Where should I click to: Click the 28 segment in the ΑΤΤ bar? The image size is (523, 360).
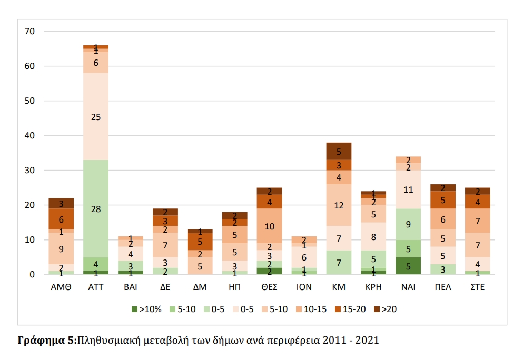click(x=96, y=208)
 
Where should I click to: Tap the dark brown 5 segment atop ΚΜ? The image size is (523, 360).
click(x=339, y=152)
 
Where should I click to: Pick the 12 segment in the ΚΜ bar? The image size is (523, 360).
click(x=339, y=205)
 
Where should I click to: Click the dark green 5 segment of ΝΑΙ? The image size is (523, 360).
click(x=408, y=266)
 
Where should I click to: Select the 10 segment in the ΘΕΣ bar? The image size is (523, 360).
click(x=270, y=226)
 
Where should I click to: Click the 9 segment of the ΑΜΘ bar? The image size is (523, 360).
click(x=61, y=248)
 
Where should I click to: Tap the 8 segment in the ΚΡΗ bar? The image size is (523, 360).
click(x=373, y=236)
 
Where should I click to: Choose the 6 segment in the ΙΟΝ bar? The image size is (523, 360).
click(x=304, y=257)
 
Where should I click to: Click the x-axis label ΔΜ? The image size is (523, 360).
click(x=200, y=287)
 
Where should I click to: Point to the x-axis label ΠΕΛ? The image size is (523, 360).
click(x=442, y=287)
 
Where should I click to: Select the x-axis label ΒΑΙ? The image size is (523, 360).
click(x=131, y=287)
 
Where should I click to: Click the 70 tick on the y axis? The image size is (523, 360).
click(x=30, y=32)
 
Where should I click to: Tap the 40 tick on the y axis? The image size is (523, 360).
click(x=30, y=136)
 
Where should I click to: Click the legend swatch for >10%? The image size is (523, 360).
click(x=134, y=309)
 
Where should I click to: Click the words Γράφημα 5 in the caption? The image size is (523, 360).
click(x=46, y=340)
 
